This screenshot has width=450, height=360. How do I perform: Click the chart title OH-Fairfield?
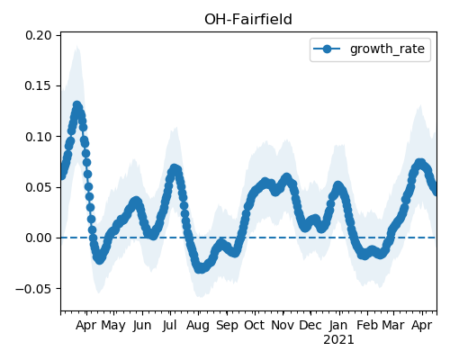[x=248, y=20]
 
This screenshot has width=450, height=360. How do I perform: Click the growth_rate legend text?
[x=387, y=49]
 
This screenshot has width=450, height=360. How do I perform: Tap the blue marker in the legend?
[x=327, y=49]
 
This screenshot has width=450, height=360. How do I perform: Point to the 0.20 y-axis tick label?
[x=39, y=35]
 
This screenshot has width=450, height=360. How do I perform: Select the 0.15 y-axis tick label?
[x=39, y=86]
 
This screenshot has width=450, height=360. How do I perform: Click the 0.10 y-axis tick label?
[x=39, y=137]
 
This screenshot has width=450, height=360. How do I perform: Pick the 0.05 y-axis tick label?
[x=39, y=187]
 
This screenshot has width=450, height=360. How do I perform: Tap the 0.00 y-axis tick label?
[x=39, y=238]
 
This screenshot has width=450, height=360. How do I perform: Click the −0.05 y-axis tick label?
[x=33, y=289]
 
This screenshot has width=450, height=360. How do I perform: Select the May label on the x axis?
[x=113, y=326]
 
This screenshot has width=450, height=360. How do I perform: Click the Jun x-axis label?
[x=142, y=326]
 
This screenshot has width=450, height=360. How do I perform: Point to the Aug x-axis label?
[x=198, y=326]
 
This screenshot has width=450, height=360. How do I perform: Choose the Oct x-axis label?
[x=254, y=326]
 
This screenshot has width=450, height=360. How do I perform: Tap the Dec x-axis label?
[x=310, y=326]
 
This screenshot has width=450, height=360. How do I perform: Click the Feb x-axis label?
[x=367, y=326]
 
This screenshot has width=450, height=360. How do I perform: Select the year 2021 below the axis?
[x=338, y=340]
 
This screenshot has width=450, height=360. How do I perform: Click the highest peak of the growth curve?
[x=77, y=105]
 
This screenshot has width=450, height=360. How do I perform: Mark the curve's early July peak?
[x=174, y=168]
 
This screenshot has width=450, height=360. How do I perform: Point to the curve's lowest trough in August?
[x=200, y=269]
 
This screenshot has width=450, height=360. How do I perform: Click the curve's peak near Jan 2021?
[x=338, y=186]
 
